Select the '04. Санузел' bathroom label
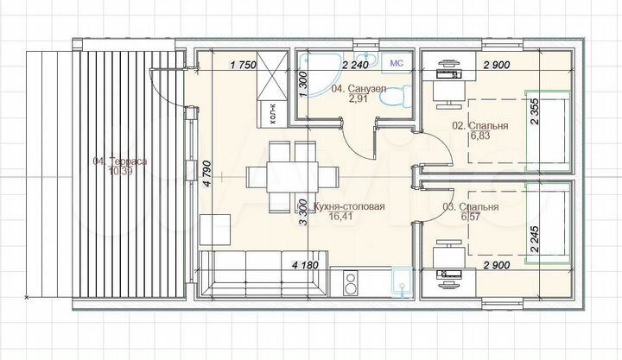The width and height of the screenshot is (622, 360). coord(354,89)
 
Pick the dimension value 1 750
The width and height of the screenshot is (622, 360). coord(246,64)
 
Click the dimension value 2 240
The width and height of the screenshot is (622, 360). coord(356,64)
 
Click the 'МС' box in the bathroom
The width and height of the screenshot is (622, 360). coord(397,63)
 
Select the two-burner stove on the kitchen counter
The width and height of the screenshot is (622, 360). coord(352,282)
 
